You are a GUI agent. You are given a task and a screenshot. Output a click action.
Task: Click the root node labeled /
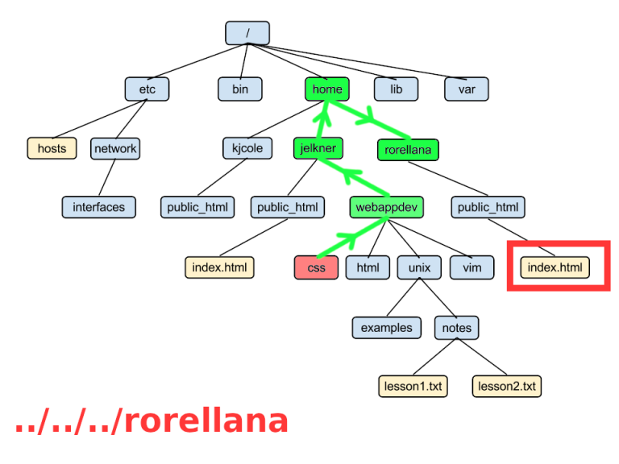tap(247, 33)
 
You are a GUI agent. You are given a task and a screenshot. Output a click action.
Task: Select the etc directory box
tap(147, 89)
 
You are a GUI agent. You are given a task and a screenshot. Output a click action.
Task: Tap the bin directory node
tap(240, 89)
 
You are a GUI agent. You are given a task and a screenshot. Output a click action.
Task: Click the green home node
tap(326, 89)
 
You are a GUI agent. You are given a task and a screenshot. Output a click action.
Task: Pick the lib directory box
tap(396, 89)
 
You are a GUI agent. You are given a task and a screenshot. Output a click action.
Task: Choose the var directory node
tap(467, 89)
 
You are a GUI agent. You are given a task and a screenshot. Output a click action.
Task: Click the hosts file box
tap(52, 148)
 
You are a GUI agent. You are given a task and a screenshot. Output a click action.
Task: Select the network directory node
tap(115, 148)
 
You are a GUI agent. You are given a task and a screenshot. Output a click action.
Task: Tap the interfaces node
tap(99, 207)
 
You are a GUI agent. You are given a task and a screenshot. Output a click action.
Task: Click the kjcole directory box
tap(247, 148)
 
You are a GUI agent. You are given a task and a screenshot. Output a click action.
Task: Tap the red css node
tap(317, 267)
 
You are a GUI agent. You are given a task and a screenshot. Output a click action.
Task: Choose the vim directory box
tap(472, 267)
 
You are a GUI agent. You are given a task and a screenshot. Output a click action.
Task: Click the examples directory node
tap(387, 327)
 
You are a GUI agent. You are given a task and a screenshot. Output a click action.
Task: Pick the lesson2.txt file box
tap(507, 386)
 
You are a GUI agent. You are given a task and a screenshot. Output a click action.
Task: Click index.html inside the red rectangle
tap(555, 267)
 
